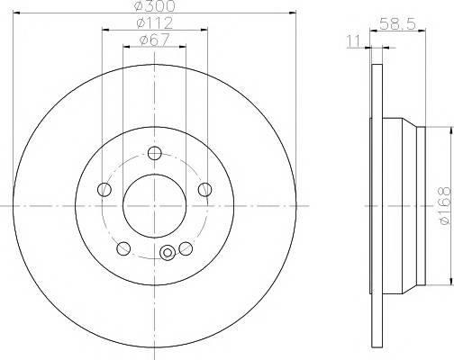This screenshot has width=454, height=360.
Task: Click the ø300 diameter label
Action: coord(154,5)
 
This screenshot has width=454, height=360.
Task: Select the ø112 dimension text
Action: coord(154,22)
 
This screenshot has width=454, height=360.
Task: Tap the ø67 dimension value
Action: coord(155,40)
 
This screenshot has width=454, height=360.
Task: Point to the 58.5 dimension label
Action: coord(397,23)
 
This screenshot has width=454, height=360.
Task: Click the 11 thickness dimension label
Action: coord(353,41)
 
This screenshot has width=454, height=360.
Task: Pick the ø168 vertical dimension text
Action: coord(444,205)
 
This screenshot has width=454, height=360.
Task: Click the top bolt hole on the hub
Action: coord(155,153)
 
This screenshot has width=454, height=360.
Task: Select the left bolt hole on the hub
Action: coord(104,189)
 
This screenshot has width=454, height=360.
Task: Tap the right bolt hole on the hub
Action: coord(205,189)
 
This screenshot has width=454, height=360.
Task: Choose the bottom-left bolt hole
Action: coord(123,248)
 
